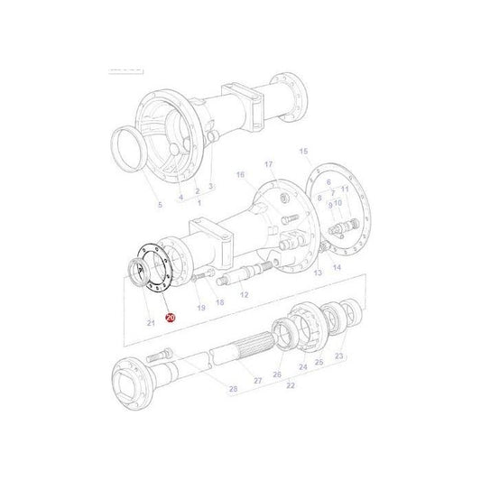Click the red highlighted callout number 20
click(x=171, y=317)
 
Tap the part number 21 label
click(x=150, y=322)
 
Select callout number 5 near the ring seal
click(x=160, y=205)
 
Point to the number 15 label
click(x=303, y=152)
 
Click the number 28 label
click(x=233, y=388)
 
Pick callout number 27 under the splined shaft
click(x=257, y=381)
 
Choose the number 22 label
click(x=291, y=384)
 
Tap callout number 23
click(x=338, y=357)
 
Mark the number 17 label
click(x=268, y=163)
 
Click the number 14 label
click(x=337, y=269)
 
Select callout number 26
click(x=278, y=374)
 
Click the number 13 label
click(x=317, y=272)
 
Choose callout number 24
click(x=302, y=367)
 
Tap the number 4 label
click(x=180, y=197)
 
